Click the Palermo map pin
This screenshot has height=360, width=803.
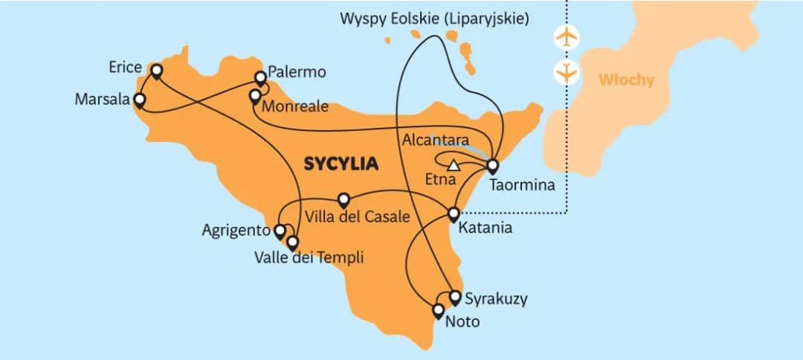coord(260,77)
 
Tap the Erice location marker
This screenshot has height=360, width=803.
coord(156,71)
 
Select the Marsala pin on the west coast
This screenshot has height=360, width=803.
coord(138,99)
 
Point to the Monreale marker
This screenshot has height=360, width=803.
coord(254,96)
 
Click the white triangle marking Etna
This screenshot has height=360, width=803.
coord(454,165)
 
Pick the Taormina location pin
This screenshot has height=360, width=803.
coord(491,165)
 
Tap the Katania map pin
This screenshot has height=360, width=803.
coord(454,215)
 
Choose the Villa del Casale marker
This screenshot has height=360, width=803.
coord(344,200)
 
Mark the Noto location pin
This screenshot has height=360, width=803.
coord(439,310)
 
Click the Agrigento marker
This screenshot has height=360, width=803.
coord(280,231)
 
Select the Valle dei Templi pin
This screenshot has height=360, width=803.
coord(292,242)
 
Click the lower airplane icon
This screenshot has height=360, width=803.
coord(567,73)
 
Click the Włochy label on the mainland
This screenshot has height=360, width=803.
coord(626,80)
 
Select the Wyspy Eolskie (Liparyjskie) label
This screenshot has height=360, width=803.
coord(435,19)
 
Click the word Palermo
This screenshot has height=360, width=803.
coord(297,73)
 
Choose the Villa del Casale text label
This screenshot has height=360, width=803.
coord(358,218)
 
